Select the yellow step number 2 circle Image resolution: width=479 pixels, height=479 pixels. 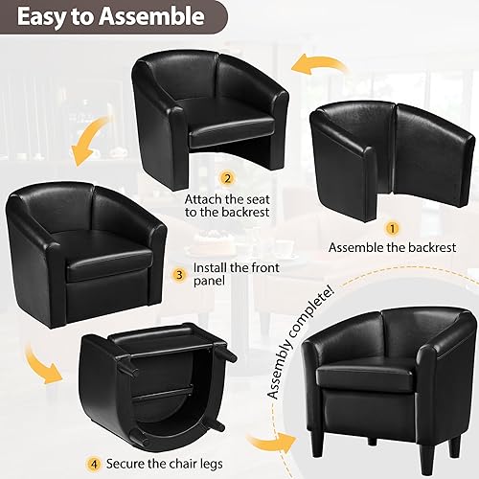[x=227, y=178]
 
